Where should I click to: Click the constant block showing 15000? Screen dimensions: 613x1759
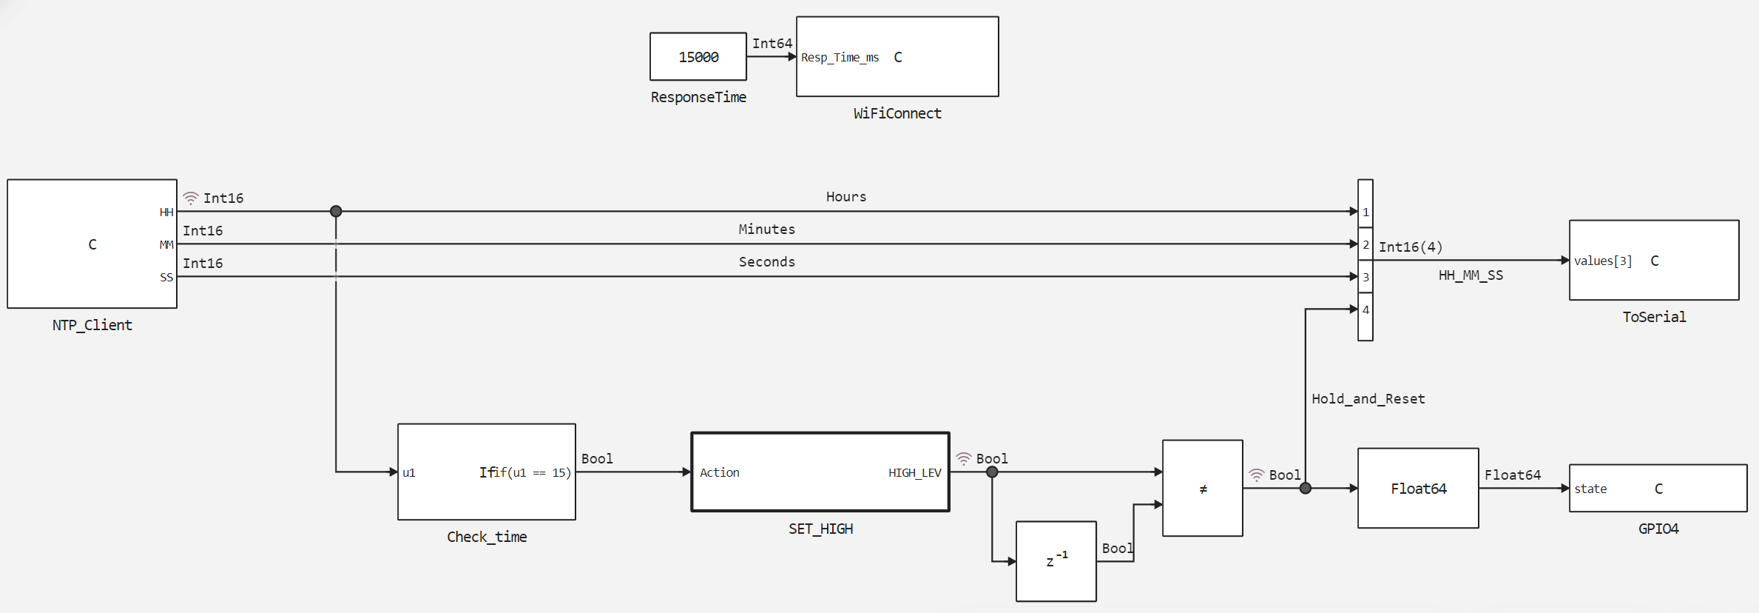698,56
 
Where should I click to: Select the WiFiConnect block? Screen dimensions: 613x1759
897,56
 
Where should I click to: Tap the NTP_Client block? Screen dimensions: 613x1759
92,244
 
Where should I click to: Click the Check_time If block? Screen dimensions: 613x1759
486,472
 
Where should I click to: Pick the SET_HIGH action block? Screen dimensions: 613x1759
820,472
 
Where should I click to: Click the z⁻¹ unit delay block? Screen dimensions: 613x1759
1056,561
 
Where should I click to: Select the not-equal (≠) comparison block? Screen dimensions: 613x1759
1202,489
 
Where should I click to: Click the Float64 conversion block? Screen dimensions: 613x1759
1417,488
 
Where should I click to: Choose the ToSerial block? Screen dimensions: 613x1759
1653,260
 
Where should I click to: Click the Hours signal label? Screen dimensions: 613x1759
845,197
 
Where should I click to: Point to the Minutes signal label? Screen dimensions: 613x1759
766,230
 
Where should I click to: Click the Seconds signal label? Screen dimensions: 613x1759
766,262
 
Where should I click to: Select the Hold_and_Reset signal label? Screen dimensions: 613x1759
1368,399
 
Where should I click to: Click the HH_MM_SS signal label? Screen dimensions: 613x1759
1470,275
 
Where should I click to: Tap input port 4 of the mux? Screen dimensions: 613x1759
1365,309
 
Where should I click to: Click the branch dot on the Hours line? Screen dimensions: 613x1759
336,212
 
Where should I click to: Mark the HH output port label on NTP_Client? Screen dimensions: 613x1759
166,212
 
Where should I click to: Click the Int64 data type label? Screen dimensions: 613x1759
772,44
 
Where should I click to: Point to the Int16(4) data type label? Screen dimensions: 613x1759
1410,247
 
